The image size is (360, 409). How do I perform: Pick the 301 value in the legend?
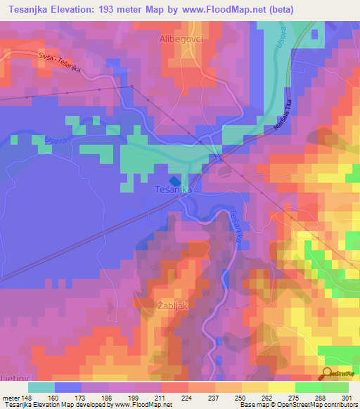(x=335, y=397)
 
